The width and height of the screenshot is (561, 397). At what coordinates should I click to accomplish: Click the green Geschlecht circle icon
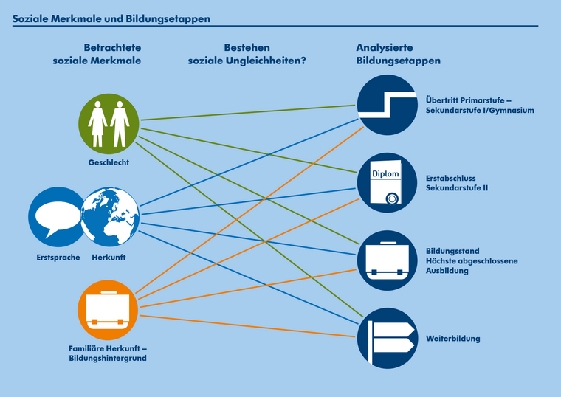(109, 124)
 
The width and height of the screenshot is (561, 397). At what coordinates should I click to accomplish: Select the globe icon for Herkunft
(109, 217)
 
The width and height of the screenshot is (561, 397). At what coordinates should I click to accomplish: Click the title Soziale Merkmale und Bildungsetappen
(111, 18)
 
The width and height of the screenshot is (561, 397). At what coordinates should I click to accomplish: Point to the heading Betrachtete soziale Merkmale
(108, 54)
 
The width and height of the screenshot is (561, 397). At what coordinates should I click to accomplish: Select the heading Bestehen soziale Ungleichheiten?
(247, 54)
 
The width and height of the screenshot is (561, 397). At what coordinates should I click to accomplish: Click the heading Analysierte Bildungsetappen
(398, 54)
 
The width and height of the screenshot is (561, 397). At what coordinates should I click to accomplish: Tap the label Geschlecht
(109, 162)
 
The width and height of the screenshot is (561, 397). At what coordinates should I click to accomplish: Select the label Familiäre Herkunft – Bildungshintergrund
(108, 353)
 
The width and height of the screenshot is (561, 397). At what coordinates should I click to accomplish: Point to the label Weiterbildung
(453, 339)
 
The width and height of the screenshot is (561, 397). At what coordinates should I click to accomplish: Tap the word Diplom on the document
(385, 175)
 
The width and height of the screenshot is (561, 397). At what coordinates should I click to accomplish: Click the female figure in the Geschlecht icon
(97, 123)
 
